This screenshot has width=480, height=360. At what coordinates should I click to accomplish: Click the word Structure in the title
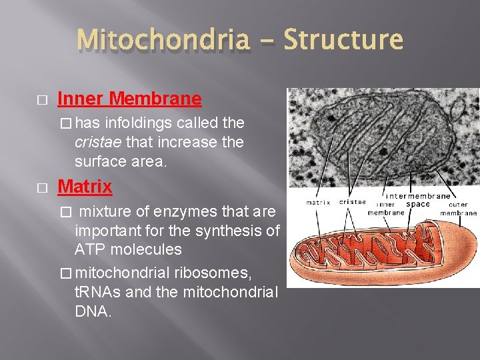coord(343,40)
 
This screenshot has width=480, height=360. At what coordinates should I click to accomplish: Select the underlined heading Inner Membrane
coord(129,99)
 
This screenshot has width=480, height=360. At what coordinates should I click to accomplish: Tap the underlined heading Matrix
coord(85,186)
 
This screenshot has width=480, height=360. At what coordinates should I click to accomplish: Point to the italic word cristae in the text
coord(99,142)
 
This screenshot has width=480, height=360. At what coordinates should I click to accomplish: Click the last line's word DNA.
coord(92,312)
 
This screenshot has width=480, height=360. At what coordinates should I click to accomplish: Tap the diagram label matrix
coord(318,202)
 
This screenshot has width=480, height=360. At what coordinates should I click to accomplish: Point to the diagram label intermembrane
coord(419,196)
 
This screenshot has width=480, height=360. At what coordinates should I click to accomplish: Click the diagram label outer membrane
coord(459,209)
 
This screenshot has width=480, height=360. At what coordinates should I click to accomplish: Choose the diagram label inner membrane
coord(385,209)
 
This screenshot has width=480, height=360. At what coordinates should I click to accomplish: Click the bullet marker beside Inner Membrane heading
coord(42,100)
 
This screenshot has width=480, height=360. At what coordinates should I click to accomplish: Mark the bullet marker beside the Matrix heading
coord(42,187)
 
